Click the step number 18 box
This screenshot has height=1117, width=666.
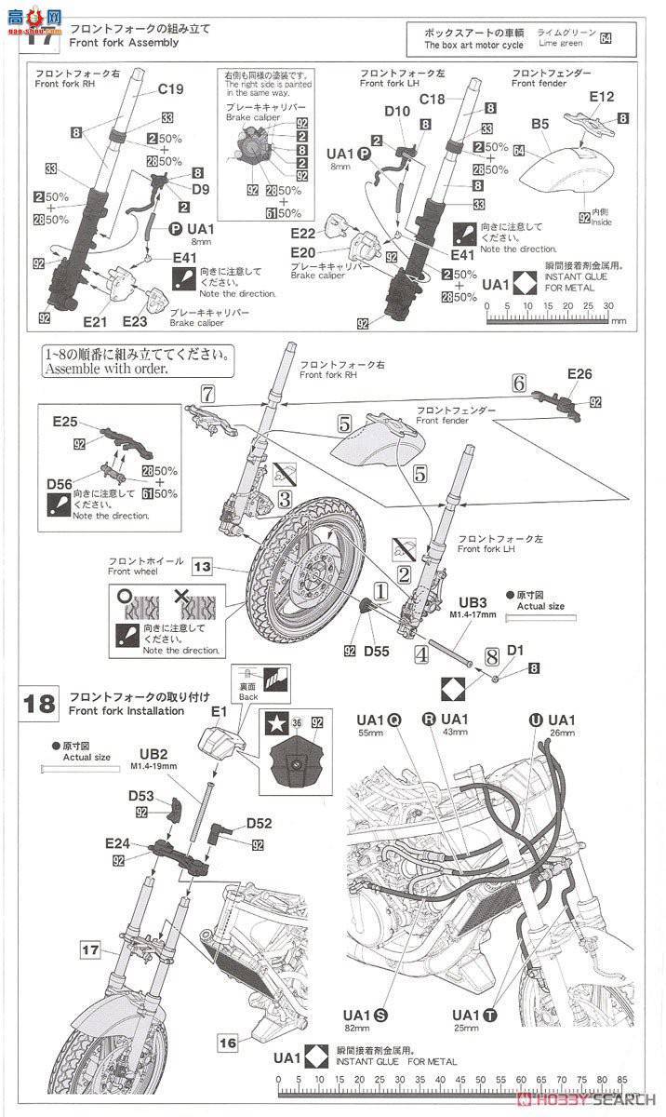(x=40, y=703)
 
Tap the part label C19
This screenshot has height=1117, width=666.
(x=171, y=90)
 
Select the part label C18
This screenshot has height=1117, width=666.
(x=434, y=100)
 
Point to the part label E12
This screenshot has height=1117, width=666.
(x=602, y=97)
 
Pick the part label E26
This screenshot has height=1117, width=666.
(x=579, y=374)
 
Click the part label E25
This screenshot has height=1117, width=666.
(x=65, y=422)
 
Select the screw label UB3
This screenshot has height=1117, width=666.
(x=473, y=603)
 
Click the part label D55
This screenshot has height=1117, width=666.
(x=376, y=652)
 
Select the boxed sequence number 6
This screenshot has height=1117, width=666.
(x=519, y=383)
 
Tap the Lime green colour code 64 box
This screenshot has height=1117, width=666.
(x=606, y=38)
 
